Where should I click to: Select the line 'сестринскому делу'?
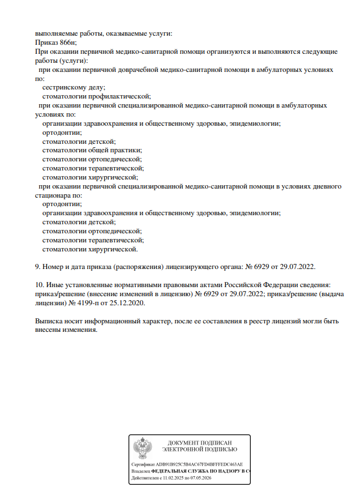point(73,88)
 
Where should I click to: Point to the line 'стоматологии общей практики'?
point(92,150)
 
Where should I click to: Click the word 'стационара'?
point(53,195)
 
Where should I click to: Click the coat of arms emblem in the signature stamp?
point(142,448)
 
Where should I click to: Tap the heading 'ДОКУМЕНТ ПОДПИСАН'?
point(200,442)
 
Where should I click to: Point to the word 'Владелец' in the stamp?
point(140,471)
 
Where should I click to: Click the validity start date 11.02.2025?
point(173,479)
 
